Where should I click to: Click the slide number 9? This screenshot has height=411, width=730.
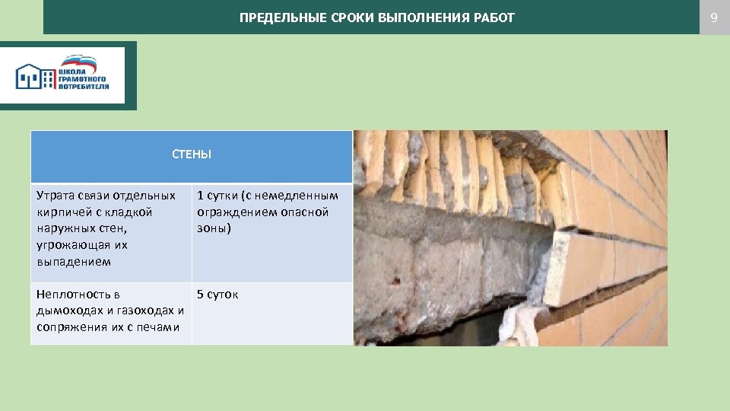coord(713,17)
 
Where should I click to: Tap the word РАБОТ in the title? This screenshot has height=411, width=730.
coord(496,18)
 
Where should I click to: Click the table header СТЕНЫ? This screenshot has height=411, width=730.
coord(192,155)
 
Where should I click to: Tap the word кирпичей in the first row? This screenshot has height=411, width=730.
coord(62,212)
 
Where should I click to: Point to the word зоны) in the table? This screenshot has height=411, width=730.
coord(214,228)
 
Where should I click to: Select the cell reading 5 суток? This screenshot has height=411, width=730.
coord(217,295)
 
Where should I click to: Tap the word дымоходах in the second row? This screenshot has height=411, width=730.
coord(70,311)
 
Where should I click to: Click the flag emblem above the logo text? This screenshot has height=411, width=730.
coord(79,62)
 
